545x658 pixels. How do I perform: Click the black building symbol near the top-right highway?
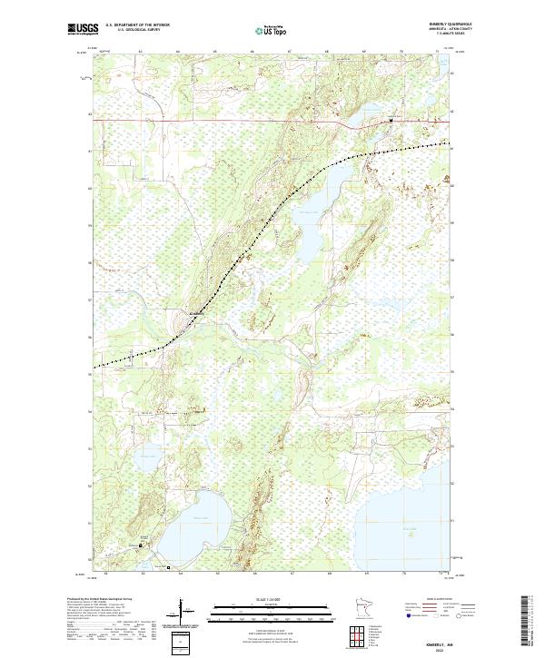click(x=391, y=120)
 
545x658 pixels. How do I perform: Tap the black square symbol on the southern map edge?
click(x=168, y=567)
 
